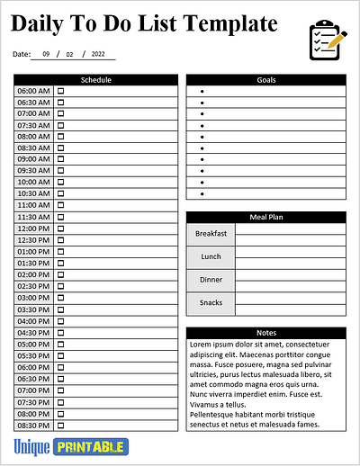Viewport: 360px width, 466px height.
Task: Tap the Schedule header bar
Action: pyautogui.click(x=96, y=80)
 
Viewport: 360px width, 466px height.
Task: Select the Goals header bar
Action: pyautogui.click(x=265, y=80)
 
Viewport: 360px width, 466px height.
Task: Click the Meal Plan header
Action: pyautogui.click(x=265, y=217)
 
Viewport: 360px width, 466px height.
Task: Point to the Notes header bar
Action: pyautogui.click(x=265, y=333)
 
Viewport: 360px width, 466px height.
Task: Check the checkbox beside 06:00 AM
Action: pyautogui.click(x=61, y=91)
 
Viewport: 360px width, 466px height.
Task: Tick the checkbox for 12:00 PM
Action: pyautogui.click(x=61, y=229)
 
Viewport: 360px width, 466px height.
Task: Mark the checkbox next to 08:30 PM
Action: pyautogui.click(x=61, y=426)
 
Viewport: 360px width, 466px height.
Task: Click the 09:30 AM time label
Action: pyautogui.click(x=33, y=171)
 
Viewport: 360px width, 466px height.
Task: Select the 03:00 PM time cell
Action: pyautogui.click(x=33, y=298)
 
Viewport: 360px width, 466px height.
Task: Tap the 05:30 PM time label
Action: pyautogui.click(x=33, y=355)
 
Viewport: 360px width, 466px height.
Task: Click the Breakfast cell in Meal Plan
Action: pyautogui.click(x=211, y=234)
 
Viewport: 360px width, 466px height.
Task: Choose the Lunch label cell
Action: pyautogui.click(x=211, y=257)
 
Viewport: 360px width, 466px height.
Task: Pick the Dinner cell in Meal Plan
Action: pyautogui.click(x=211, y=280)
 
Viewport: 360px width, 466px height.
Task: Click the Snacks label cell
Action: pyautogui.click(x=211, y=303)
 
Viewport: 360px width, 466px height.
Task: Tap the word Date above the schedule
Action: pyautogui.click(x=22, y=55)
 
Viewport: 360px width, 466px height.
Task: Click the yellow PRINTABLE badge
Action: pyautogui.click(x=91, y=447)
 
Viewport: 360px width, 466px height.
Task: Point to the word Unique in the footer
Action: pyautogui.click(x=31, y=447)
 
